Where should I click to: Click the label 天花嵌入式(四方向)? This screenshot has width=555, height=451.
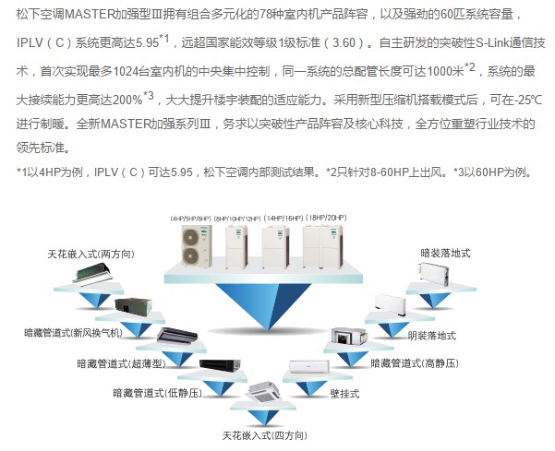[x=261, y=432]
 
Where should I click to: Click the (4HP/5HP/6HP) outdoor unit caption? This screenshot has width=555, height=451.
[x=190, y=218]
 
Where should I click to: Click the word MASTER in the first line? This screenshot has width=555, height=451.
[x=99, y=16]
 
